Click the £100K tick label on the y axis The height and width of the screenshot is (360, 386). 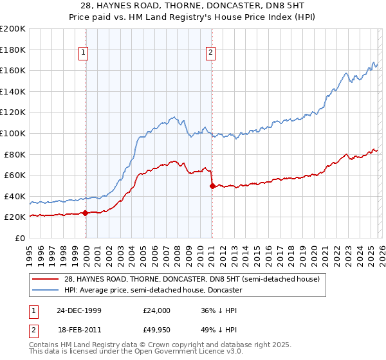pyautogui.click(x=13, y=133)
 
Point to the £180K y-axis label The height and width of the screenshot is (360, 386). pyautogui.click(x=13, y=50)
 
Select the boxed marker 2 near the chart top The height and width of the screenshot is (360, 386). pyautogui.click(x=212, y=53)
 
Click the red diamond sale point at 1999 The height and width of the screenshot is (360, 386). pyautogui.click(x=86, y=213)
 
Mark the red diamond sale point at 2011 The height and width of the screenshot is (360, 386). pyautogui.click(x=212, y=186)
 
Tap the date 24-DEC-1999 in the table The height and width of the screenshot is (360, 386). pyautogui.click(x=79, y=310)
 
